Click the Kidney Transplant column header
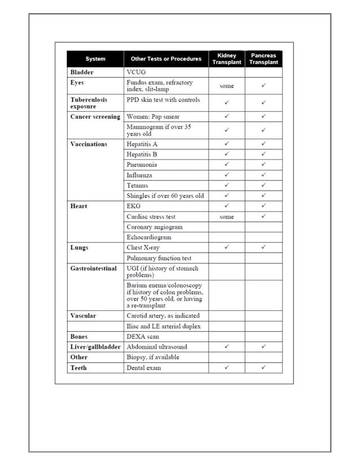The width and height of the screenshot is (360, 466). point(226,59)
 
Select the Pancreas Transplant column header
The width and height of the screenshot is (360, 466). point(264,59)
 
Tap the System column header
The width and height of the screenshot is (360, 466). point(95,59)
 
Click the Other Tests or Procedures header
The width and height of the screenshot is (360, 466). point(166,59)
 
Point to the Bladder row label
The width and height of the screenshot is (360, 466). point(82,72)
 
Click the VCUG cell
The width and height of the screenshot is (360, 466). point(137,72)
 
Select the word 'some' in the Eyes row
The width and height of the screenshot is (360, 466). point(226,86)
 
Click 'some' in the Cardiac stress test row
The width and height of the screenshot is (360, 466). point(226,217)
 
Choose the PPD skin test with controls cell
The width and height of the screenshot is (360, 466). point(163,100)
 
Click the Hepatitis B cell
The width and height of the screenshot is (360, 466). point(142,154)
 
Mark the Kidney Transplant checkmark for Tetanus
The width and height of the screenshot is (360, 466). point(226,185)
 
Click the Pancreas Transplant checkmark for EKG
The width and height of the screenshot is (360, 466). point(264,206)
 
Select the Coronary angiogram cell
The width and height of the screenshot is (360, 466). point(154,227)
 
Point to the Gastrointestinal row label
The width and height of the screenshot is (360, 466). point(93,269)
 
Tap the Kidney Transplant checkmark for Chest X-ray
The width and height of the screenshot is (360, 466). point(226,247)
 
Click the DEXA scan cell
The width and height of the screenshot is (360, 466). point(143,336)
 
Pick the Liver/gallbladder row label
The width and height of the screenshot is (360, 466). point(95,347)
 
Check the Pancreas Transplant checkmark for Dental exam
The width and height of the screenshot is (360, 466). point(264,368)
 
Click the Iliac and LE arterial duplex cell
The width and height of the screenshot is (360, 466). point(164,326)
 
